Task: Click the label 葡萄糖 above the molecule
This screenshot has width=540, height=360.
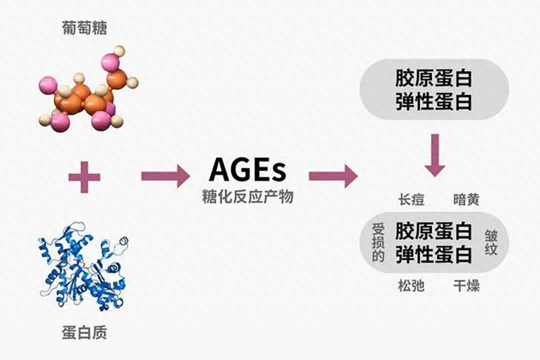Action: [84, 28]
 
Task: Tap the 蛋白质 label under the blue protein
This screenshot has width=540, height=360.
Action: [84, 332]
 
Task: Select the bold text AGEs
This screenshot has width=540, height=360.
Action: [247, 170]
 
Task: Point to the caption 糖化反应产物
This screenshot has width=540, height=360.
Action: [247, 196]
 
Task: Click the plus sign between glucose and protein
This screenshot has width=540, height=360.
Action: [84, 177]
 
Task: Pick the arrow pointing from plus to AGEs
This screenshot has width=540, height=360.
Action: [165, 176]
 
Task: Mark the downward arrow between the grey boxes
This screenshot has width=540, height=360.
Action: [435, 155]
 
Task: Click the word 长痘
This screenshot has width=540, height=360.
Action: [411, 200]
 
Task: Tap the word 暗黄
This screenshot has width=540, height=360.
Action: [466, 200]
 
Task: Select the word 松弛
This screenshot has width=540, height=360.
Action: [411, 285]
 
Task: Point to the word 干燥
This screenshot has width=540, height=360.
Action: [466, 285]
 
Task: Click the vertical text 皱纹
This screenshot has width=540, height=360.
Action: [491, 243]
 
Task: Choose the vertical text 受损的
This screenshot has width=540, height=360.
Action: [378, 243]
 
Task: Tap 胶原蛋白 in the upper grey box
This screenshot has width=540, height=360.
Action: [433, 78]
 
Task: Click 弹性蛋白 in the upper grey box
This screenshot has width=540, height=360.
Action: [433, 101]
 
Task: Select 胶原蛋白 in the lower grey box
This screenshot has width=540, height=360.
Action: [433, 231]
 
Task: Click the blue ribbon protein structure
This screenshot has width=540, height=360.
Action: [83, 265]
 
